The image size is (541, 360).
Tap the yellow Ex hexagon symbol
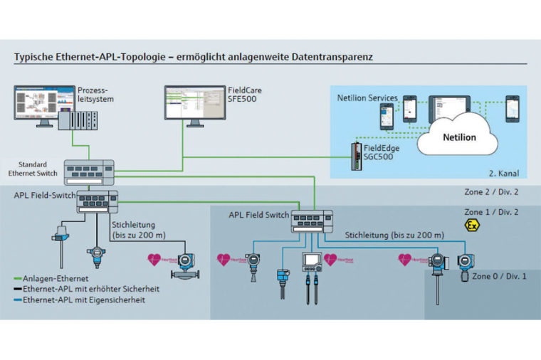click(x=471, y=226)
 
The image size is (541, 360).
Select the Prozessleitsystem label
click(x=94, y=95)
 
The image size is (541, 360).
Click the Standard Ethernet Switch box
click(x=89, y=171)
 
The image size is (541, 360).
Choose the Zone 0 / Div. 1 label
click(x=499, y=276)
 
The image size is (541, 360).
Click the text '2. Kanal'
click(x=504, y=173)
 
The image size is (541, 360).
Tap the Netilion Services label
click(x=367, y=97)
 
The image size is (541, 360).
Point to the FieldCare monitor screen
click(x=194, y=103)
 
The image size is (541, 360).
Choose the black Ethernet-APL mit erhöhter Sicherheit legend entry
click(x=87, y=290)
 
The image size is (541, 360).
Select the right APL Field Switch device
click(x=312, y=221)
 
